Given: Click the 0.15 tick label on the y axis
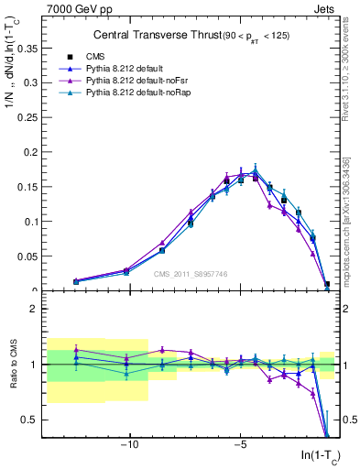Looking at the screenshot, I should click(27, 186).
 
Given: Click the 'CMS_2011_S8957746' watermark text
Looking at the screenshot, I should click(191, 274).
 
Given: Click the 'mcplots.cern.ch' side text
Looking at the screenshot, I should click(353, 247).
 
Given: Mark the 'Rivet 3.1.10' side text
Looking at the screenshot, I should click(353, 82).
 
